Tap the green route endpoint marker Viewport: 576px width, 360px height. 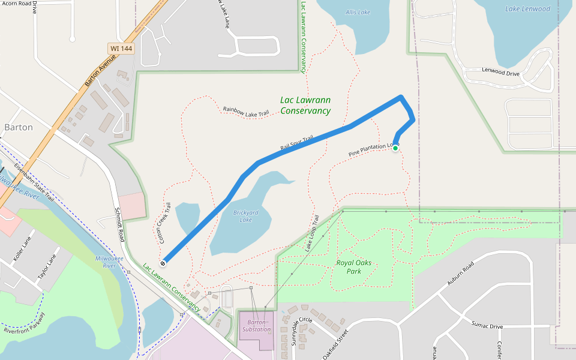tap(395, 148)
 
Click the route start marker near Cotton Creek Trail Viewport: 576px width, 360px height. tap(163, 263)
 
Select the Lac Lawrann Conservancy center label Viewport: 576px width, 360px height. tap(305, 106)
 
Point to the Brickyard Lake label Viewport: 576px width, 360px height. tap(246, 216)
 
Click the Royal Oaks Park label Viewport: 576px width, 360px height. tap(349, 266)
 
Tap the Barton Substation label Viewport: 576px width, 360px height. tap(257, 326)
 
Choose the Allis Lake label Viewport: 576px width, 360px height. tap(358, 12)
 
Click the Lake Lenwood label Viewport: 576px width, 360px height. tap(527, 9)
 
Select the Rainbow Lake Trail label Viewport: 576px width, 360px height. tap(245, 112)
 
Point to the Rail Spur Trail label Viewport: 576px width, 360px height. tap(297, 143)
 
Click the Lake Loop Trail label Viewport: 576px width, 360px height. tap(311, 232)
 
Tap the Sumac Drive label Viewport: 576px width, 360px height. tap(487, 326)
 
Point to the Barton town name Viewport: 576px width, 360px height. tap(19, 127)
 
